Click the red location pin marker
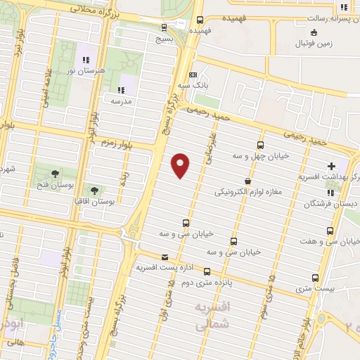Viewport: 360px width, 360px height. pyautogui.click(x=181, y=165)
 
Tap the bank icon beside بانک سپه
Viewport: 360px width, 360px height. pyautogui.click(x=193, y=75)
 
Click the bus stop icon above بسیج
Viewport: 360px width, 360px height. pyautogui.click(x=165, y=28)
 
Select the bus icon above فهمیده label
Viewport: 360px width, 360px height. pyautogui.click(x=200, y=20)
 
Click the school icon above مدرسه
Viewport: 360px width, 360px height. pyautogui.click(x=121, y=89)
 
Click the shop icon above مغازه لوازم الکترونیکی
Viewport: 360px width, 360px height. pyautogui.click(x=247, y=180)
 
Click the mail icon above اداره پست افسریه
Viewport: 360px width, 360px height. pyautogui.click(x=165, y=257)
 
